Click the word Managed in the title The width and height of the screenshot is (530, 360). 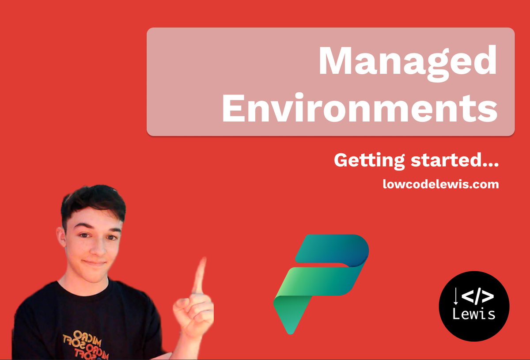(x=407, y=62)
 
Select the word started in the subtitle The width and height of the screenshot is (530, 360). (x=443, y=160)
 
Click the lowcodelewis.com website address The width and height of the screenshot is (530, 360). (x=441, y=184)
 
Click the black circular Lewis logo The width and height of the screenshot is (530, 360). (x=474, y=306)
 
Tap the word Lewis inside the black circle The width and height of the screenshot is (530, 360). (x=474, y=314)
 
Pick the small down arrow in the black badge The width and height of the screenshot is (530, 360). (x=456, y=297)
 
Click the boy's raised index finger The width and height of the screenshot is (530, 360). (x=200, y=276)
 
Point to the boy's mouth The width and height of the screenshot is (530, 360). (x=94, y=262)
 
